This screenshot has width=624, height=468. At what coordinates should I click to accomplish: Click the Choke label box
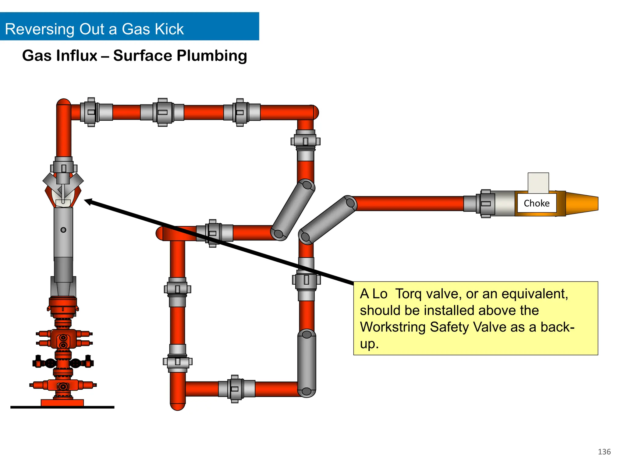click(x=537, y=203)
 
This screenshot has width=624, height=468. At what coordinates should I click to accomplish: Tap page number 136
click(x=604, y=452)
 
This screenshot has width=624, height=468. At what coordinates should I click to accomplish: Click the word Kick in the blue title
click(x=169, y=29)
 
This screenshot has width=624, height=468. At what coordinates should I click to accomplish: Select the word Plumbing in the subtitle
click(x=212, y=56)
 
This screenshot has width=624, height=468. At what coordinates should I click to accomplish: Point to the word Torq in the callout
click(x=408, y=294)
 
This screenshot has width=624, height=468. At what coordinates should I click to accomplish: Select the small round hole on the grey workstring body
click(x=63, y=230)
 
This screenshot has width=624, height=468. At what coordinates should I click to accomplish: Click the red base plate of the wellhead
click(x=62, y=402)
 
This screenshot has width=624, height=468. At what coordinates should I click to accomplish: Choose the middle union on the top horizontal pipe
click(x=162, y=112)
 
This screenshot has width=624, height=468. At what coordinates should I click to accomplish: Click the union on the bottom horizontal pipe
click(x=235, y=389)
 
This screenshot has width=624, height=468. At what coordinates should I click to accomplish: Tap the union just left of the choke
click(x=486, y=204)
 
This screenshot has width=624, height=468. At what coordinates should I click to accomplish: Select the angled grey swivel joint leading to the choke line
click(x=328, y=220)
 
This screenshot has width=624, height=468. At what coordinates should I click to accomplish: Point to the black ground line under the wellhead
click(x=62, y=407)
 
